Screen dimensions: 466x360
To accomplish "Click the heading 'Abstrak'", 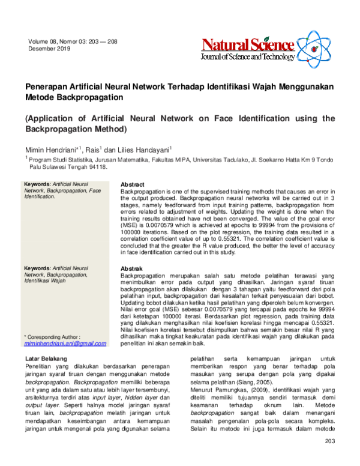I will coord(131,268).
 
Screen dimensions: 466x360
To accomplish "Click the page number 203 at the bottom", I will coord(328,458).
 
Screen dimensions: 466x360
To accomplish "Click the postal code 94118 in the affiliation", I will coord(98,168).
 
